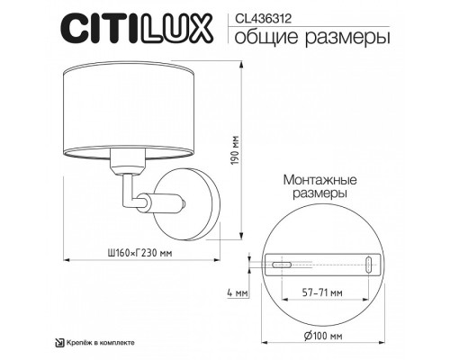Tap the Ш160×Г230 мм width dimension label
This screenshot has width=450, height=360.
[135, 254]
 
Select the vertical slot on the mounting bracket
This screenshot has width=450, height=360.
[372, 265]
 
